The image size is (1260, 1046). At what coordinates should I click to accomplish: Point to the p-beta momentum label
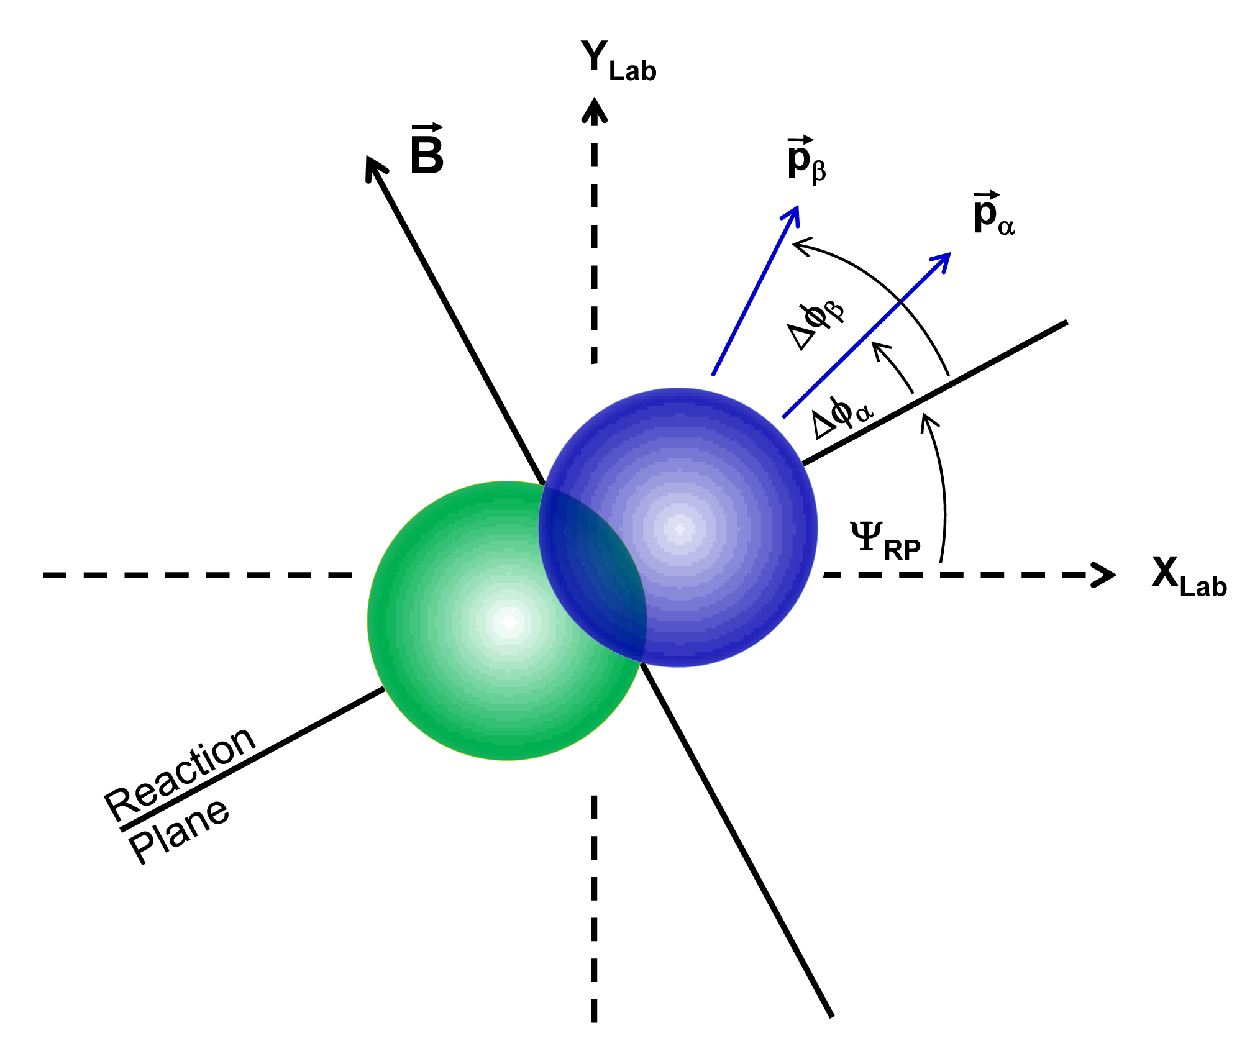(x=806, y=160)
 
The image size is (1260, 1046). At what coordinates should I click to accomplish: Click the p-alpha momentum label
(x=993, y=215)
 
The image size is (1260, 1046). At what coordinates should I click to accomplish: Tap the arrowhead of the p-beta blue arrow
(x=795, y=212)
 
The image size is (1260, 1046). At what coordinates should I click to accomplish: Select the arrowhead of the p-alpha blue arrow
(x=945, y=258)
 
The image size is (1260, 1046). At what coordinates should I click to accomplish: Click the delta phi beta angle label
(x=815, y=325)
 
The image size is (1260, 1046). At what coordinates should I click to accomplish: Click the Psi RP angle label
(x=884, y=540)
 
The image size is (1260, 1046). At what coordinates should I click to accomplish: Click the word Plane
(x=179, y=830)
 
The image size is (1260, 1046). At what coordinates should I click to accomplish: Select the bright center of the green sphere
(x=508, y=621)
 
